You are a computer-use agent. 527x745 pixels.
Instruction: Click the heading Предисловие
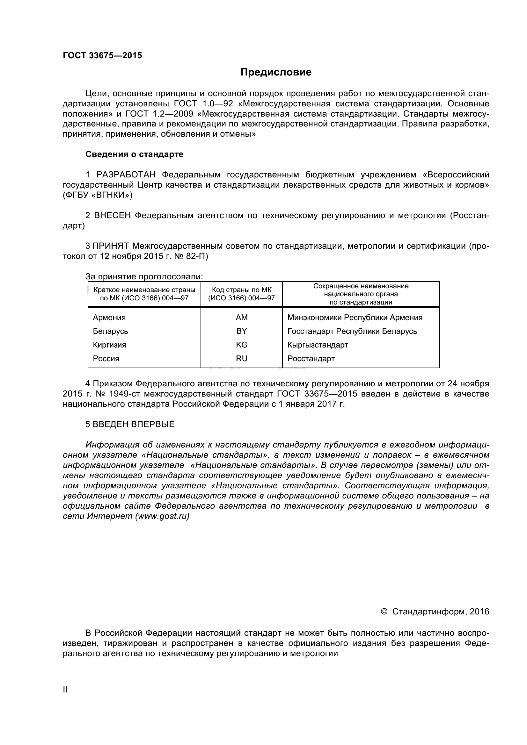click(x=276, y=72)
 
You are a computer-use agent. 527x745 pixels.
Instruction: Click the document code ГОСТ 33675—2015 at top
click(x=102, y=55)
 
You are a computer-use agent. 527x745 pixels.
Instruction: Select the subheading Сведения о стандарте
click(x=134, y=154)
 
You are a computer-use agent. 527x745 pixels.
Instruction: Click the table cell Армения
click(x=109, y=317)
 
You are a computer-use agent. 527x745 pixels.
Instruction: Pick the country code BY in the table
click(x=242, y=331)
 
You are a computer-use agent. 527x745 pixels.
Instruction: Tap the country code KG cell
click(x=242, y=345)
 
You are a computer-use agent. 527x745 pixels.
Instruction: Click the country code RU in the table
click(x=242, y=359)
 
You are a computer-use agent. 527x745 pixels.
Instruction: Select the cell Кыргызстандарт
click(x=318, y=345)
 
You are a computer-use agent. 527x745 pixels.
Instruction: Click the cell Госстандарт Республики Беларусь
click(x=352, y=331)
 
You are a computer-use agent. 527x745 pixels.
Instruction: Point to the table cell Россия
click(x=106, y=359)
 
